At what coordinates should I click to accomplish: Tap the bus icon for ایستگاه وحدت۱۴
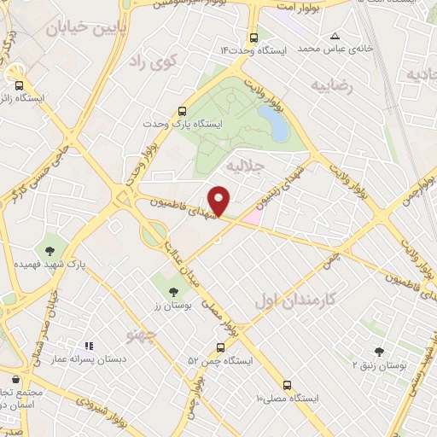click(x=253, y=38)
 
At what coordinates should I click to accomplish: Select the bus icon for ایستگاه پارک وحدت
click(x=181, y=111)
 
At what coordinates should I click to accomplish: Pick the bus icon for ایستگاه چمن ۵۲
click(x=221, y=348)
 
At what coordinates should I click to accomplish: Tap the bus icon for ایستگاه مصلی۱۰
click(x=287, y=385)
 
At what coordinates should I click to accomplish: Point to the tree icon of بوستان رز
click(x=174, y=293)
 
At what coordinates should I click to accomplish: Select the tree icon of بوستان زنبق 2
click(x=379, y=352)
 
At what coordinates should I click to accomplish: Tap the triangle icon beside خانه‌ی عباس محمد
click(x=335, y=36)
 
